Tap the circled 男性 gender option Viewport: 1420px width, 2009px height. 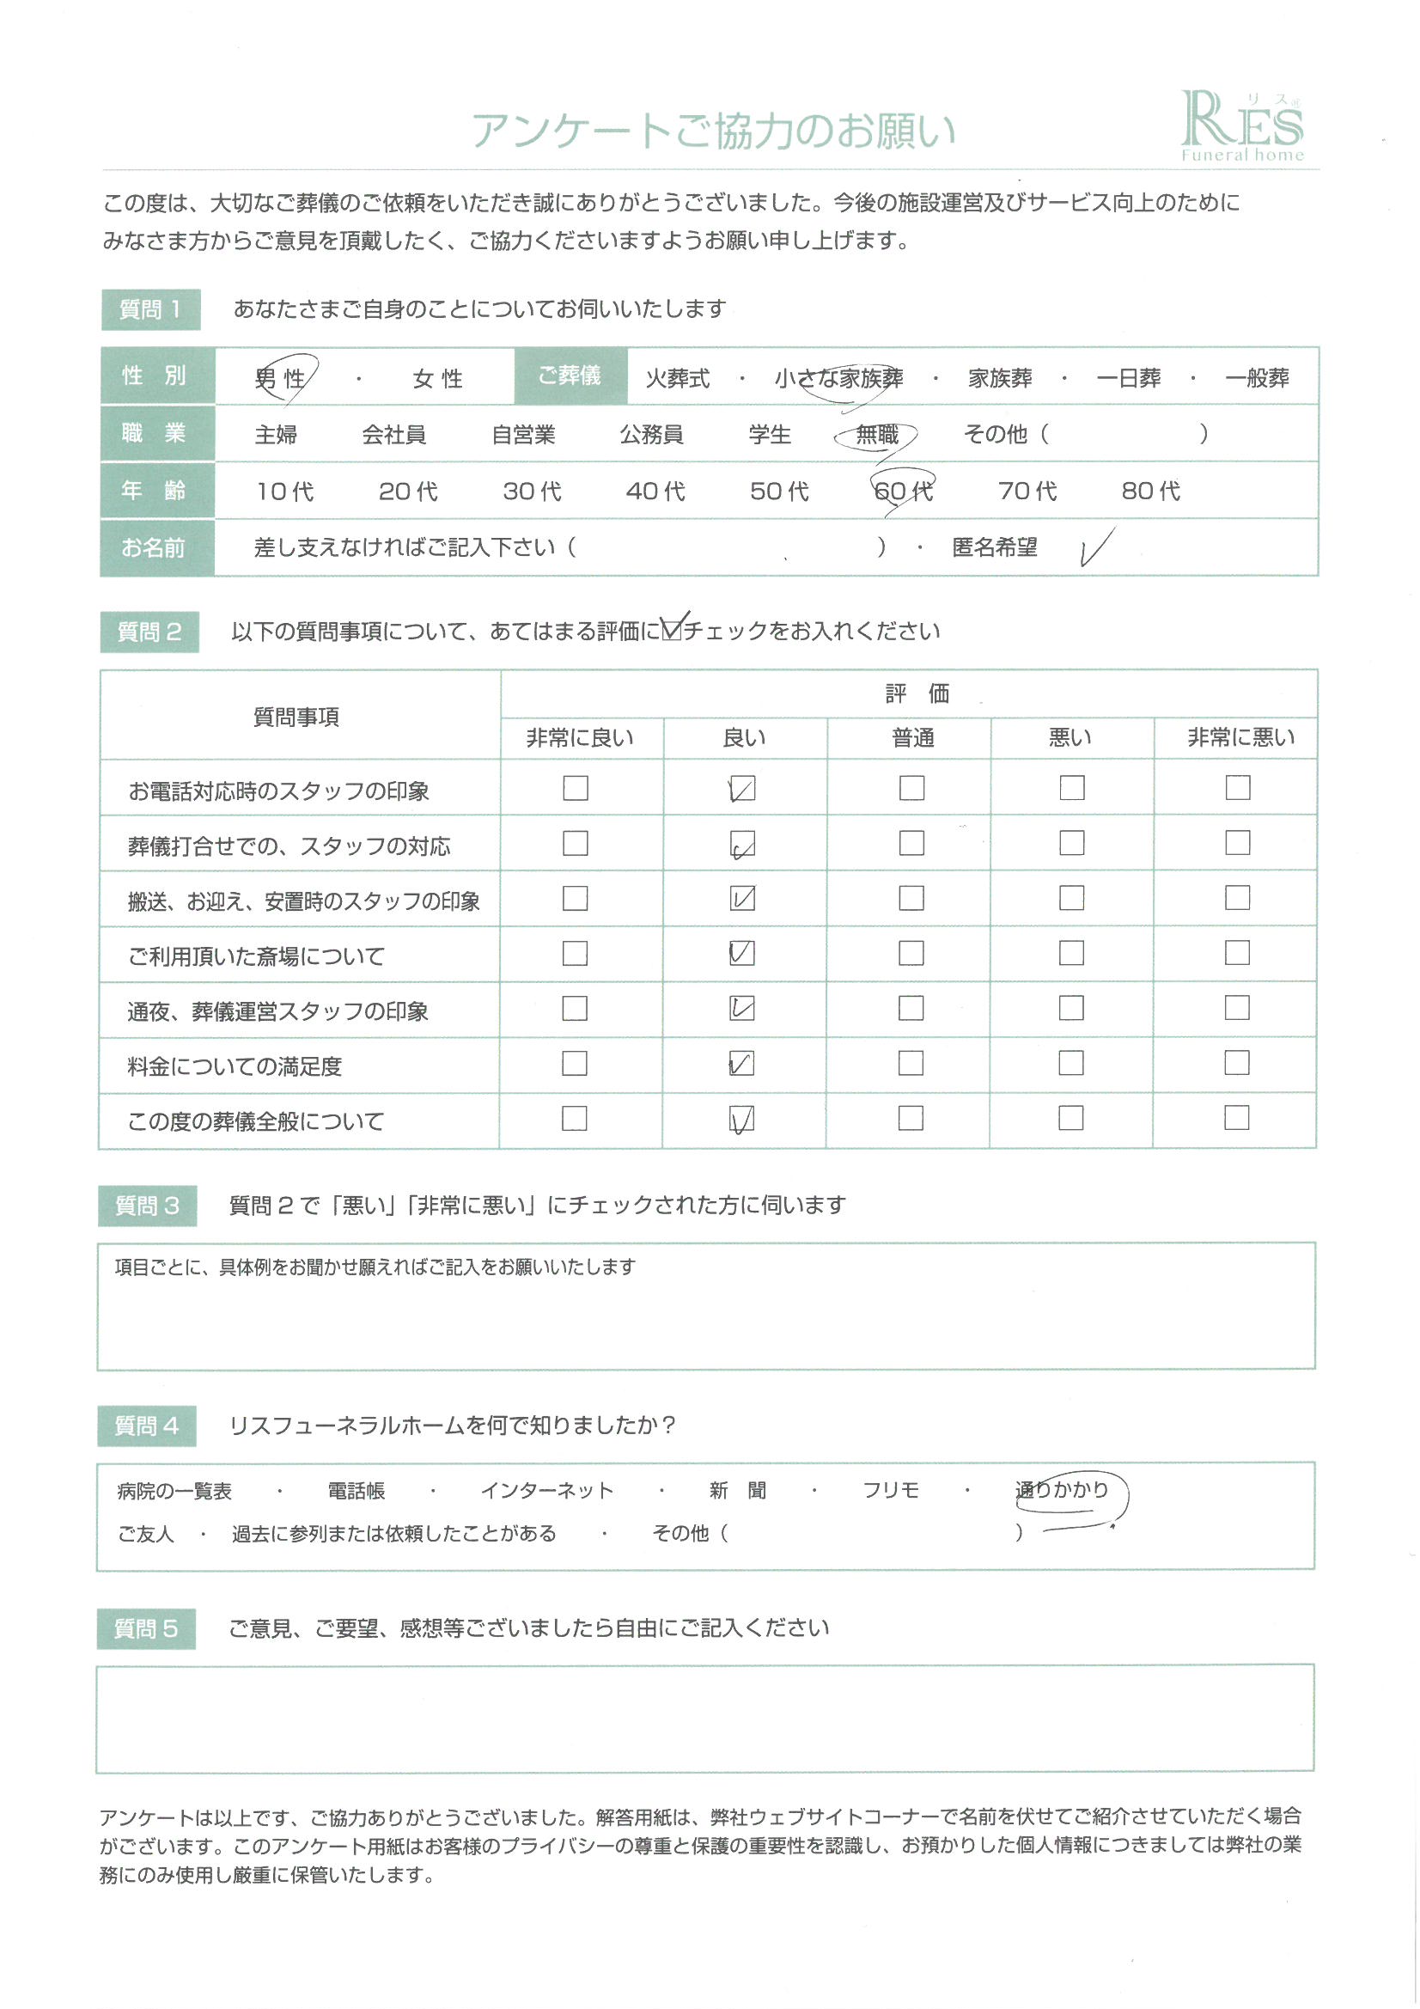click(x=281, y=378)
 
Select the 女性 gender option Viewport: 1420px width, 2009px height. click(x=437, y=378)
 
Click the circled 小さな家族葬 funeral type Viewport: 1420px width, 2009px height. click(x=838, y=378)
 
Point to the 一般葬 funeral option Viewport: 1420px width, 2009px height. click(x=1257, y=378)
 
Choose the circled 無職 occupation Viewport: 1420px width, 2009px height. click(x=877, y=434)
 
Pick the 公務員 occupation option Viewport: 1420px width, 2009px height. click(x=651, y=434)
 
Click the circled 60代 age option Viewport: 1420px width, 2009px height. click(x=903, y=491)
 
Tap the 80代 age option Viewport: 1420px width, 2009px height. click(x=1150, y=491)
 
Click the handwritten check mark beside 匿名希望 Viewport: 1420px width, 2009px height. click(x=1095, y=547)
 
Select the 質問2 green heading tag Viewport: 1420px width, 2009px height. click(x=149, y=632)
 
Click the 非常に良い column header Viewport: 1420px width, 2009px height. click(x=580, y=737)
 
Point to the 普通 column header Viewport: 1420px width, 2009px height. click(x=912, y=737)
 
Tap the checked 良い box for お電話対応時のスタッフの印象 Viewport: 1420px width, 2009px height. click(x=742, y=788)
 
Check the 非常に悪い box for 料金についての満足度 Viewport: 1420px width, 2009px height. click(x=1236, y=1063)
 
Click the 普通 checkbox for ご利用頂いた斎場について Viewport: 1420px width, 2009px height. click(x=911, y=953)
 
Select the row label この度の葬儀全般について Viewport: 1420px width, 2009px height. click(x=255, y=1121)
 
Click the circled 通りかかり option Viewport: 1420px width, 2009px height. click(x=1062, y=1489)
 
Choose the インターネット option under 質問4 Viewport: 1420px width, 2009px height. click(x=547, y=1490)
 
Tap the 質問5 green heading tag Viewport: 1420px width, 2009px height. click(x=146, y=1628)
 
